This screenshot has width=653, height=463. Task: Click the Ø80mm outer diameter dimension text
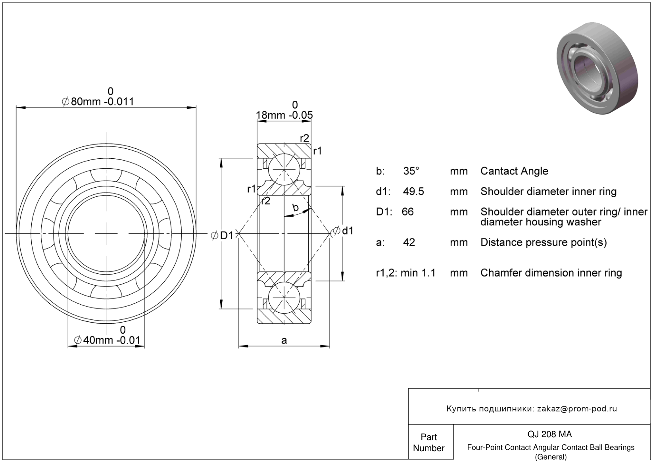coord(98,102)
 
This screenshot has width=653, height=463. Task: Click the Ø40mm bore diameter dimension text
coord(107,340)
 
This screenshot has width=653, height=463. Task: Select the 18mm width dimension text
coord(284,115)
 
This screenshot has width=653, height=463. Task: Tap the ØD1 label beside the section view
coord(222,235)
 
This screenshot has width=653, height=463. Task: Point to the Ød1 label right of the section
coord(343,231)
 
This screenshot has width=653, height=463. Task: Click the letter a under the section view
coord(284,340)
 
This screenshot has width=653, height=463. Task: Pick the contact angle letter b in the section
coord(296,207)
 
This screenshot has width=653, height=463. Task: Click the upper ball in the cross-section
coord(284,169)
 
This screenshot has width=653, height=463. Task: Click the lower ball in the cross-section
coord(284,298)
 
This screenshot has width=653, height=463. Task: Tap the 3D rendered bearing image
coord(597,68)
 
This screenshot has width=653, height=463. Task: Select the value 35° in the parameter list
coord(411,171)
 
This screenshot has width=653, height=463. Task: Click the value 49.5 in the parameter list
coord(413,191)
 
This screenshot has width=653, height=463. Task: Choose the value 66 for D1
coord(407,212)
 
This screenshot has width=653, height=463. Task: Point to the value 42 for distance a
coord(409,242)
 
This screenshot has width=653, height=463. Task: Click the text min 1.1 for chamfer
coord(418,273)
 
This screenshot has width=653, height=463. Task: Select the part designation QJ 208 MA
coord(549,434)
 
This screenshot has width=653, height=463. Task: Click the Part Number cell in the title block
coord(428,442)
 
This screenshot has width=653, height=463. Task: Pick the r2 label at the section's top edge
coord(305,138)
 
